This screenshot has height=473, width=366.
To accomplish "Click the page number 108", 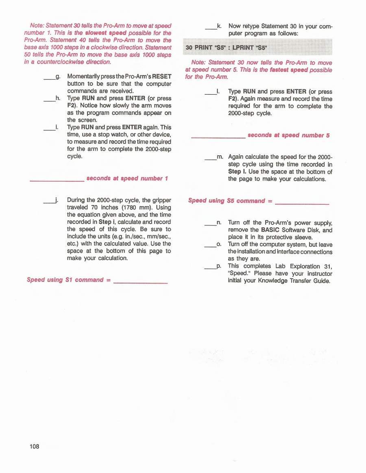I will [34, 447].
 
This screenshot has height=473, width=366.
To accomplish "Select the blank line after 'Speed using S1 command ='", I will [141, 281].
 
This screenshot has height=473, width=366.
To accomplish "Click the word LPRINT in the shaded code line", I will [244, 48].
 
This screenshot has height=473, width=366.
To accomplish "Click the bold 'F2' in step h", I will [72, 105].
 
